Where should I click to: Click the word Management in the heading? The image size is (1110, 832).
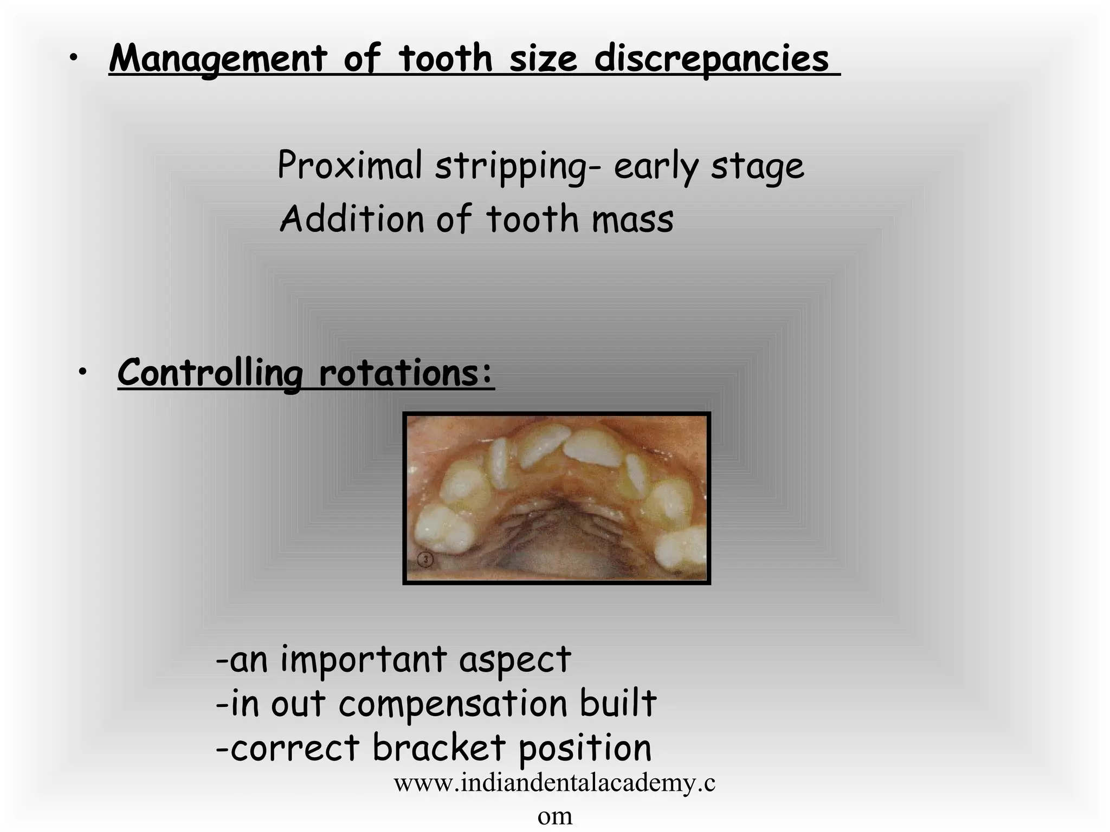[218, 58]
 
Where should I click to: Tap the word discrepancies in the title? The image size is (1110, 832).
[711, 58]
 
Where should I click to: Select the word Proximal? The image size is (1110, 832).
[350, 165]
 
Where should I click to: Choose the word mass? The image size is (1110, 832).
[632, 219]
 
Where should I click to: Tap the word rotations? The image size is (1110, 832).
[406, 373]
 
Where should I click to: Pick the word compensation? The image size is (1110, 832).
[453, 703]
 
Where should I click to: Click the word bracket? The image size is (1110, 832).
[439, 747]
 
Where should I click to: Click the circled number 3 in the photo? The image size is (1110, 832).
[426, 559]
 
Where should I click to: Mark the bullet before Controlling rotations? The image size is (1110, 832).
[82, 372]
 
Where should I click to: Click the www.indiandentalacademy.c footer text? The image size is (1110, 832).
[554, 783]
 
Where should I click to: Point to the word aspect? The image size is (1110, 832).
[515, 660]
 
